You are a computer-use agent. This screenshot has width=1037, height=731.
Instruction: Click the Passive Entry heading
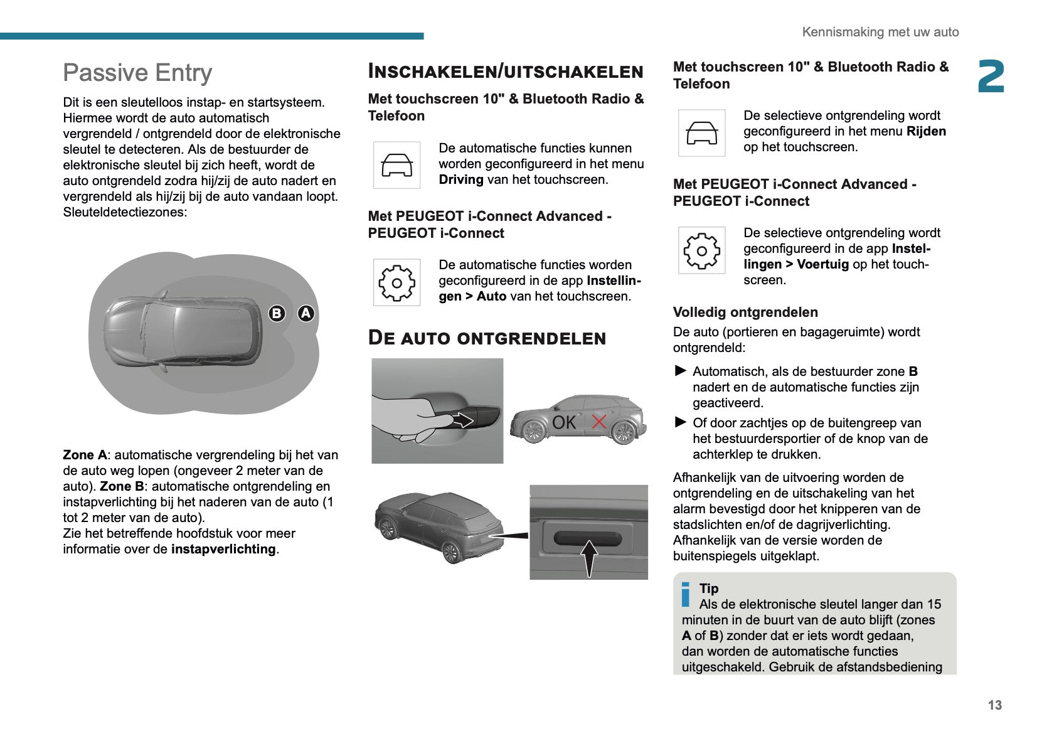pyautogui.click(x=137, y=73)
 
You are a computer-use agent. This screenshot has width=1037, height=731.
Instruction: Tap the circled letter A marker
pyautogui.click(x=306, y=313)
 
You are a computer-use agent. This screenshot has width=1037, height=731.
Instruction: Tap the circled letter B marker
pyautogui.click(x=277, y=313)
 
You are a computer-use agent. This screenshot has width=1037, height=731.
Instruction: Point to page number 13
pyautogui.click(x=994, y=705)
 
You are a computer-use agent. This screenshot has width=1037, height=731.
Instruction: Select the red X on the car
pyautogui.click(x=599, y=422)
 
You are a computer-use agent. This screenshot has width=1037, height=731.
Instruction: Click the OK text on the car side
pyautogui.click(x=563, y=422)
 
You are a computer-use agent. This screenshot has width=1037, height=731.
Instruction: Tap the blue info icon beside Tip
pyautogui.click(x=686, y=594)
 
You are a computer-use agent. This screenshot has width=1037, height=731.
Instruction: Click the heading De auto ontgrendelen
pyautogui.click(x=487, y=338)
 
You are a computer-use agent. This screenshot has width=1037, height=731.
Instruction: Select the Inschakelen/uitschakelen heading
pyautogui.click(x=506, y=71)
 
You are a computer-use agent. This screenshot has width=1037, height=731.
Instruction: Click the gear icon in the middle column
pyautogui.click(x=396, y=283)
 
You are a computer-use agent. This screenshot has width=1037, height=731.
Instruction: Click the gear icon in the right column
pyautogui.click(x=701, y=251)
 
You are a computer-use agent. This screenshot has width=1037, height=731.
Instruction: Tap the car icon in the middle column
pyautogui.click(x=396, y=166)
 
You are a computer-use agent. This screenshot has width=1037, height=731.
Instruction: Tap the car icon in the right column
pyautogui.click(x=701, y=133)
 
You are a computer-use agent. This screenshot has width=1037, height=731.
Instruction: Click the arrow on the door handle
pyautogui.click(x=462, y=419)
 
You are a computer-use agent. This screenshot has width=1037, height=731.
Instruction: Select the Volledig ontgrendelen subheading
pyautogui.click(x=745, y=312)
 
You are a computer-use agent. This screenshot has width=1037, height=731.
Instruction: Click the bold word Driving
pyautogui.click(x=461, y=180)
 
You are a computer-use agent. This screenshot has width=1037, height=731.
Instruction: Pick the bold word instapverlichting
pyautogui.click(x=223, y=549)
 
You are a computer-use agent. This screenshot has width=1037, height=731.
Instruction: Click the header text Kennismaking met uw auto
pyautogui.click(x=880, y=32)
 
